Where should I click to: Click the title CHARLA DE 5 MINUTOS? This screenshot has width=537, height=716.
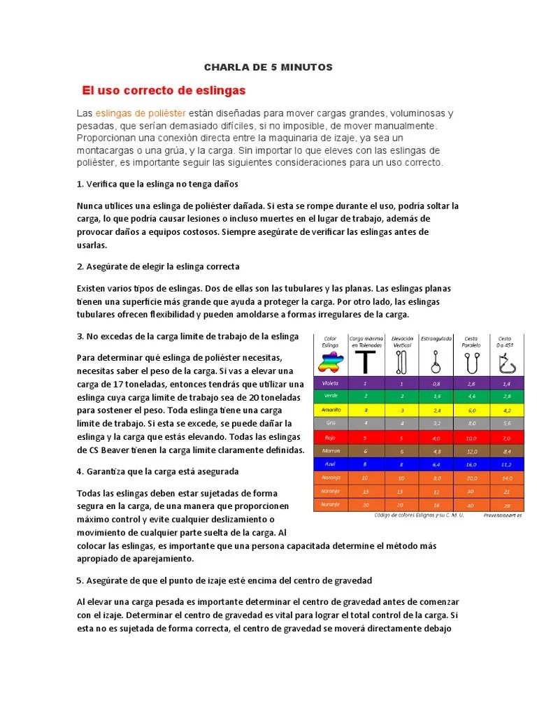(268, 67)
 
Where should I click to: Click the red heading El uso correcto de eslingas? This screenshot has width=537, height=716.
(164, 91)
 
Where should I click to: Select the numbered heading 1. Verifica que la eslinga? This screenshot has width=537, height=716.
(157, 184)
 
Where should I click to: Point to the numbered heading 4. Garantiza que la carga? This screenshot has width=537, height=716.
(157, 471)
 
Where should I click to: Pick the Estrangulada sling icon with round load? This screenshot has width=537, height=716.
(436, 361)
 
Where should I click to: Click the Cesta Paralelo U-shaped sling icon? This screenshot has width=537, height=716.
(471, 361)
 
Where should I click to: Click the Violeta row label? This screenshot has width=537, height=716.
(330, 383)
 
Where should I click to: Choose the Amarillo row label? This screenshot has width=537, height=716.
(330, 410)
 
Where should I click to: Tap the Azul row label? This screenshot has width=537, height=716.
(330, 464)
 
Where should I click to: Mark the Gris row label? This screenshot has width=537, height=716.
(330, 423)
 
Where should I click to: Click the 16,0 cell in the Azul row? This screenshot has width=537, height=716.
(471, 464)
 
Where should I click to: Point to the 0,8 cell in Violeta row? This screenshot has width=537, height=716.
(436, 383)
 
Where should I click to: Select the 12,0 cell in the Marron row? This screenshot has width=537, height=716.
(471, 450)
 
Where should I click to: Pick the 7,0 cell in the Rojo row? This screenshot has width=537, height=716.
(506, 437)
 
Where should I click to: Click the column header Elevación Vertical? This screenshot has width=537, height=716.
(402, 342)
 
